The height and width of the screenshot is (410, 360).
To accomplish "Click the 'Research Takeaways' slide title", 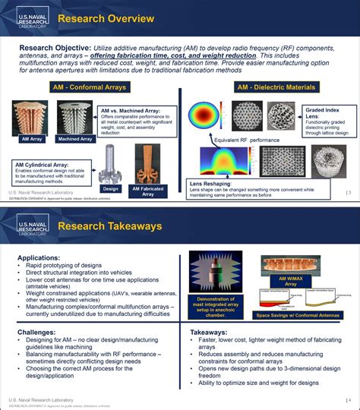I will coord(111,225).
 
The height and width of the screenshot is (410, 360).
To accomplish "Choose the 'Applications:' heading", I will coord(39,258).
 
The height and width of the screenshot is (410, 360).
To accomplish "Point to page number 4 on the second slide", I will coord(349,400).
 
